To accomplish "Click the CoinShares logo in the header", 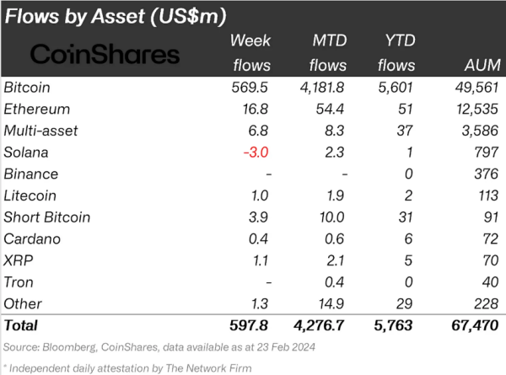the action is coord(105,54).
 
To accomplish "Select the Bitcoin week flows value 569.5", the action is coord(250,88).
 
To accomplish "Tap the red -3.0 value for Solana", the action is coord(256,153).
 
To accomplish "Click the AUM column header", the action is coord(482,65).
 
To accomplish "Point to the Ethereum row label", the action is coord(37,109).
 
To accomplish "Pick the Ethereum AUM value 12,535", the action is coord(477,109).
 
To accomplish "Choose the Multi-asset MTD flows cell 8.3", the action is coord(334,131).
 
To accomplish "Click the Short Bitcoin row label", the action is coord(47,217).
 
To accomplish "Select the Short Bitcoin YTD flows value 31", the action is coord(406,217).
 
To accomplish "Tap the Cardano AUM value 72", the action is coord(490,239).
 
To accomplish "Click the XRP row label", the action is coord(19,260).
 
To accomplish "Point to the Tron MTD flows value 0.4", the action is coord(334,282).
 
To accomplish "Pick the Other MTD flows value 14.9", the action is coord(331,303).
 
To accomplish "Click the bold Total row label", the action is coord(21,325).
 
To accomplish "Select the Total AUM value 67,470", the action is coord(475,325).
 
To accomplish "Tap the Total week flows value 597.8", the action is coord(249,325).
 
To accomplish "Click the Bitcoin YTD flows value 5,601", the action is coord(396,88).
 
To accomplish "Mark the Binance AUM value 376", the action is coord(487,174).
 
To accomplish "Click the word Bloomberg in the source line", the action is coord(69,347).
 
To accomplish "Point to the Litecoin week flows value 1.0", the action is coord(260,196).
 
